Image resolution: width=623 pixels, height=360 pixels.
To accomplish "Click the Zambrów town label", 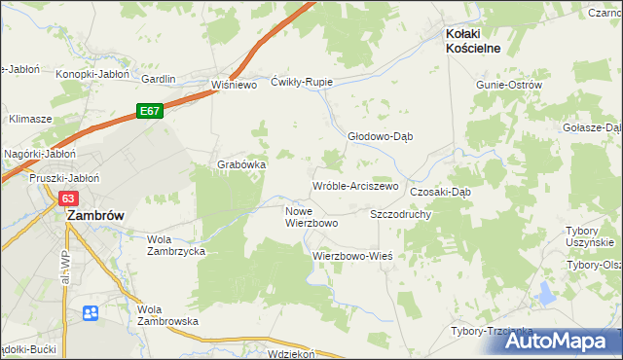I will point(93,217).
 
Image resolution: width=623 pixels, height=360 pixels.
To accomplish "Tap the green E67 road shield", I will point(149,112).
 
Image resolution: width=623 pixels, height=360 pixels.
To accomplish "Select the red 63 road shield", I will point(67,198).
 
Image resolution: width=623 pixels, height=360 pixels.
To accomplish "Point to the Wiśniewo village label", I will point(234,85).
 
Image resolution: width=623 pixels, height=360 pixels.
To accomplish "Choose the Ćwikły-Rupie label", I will point(302,82).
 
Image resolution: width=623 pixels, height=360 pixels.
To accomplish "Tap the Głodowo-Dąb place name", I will point(381,136).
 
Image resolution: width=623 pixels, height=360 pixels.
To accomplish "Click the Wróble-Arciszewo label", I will point(355,185).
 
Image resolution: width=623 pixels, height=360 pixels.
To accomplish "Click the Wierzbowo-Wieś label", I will point(351,256).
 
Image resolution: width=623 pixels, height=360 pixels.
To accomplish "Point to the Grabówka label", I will point(241,164).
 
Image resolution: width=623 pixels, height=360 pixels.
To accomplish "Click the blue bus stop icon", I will point(91,313).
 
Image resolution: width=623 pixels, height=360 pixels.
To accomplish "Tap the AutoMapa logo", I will point(558,340).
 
